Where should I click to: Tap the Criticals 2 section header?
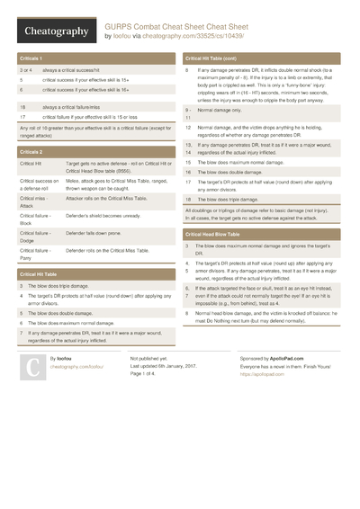31,152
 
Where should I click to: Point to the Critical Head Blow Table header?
216,233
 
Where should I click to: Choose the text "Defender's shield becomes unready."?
103,216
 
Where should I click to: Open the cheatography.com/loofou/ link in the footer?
76,367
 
